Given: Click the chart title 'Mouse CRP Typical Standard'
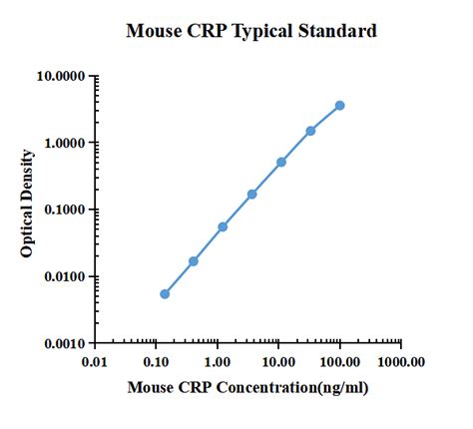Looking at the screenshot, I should [x=251, y=31].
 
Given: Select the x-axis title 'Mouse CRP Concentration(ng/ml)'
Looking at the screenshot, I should [x=247, y=387].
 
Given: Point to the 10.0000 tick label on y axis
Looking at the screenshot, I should [x=59, y=76].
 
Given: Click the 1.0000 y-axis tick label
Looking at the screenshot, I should [x=62, y=143].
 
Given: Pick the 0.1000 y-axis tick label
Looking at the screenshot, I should [x=62, y=210].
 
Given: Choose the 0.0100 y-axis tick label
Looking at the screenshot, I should [x=62, y=276].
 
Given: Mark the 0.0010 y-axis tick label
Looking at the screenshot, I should [x=62, y=343].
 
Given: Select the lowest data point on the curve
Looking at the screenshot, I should [x=165, y=293].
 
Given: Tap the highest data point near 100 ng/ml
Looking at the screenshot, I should [x=340, y=105].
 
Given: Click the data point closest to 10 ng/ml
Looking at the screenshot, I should [x=281, y=162].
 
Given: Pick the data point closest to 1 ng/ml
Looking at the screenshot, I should [x=223, y=226].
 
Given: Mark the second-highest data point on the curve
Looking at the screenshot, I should [x=310, y=131].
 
